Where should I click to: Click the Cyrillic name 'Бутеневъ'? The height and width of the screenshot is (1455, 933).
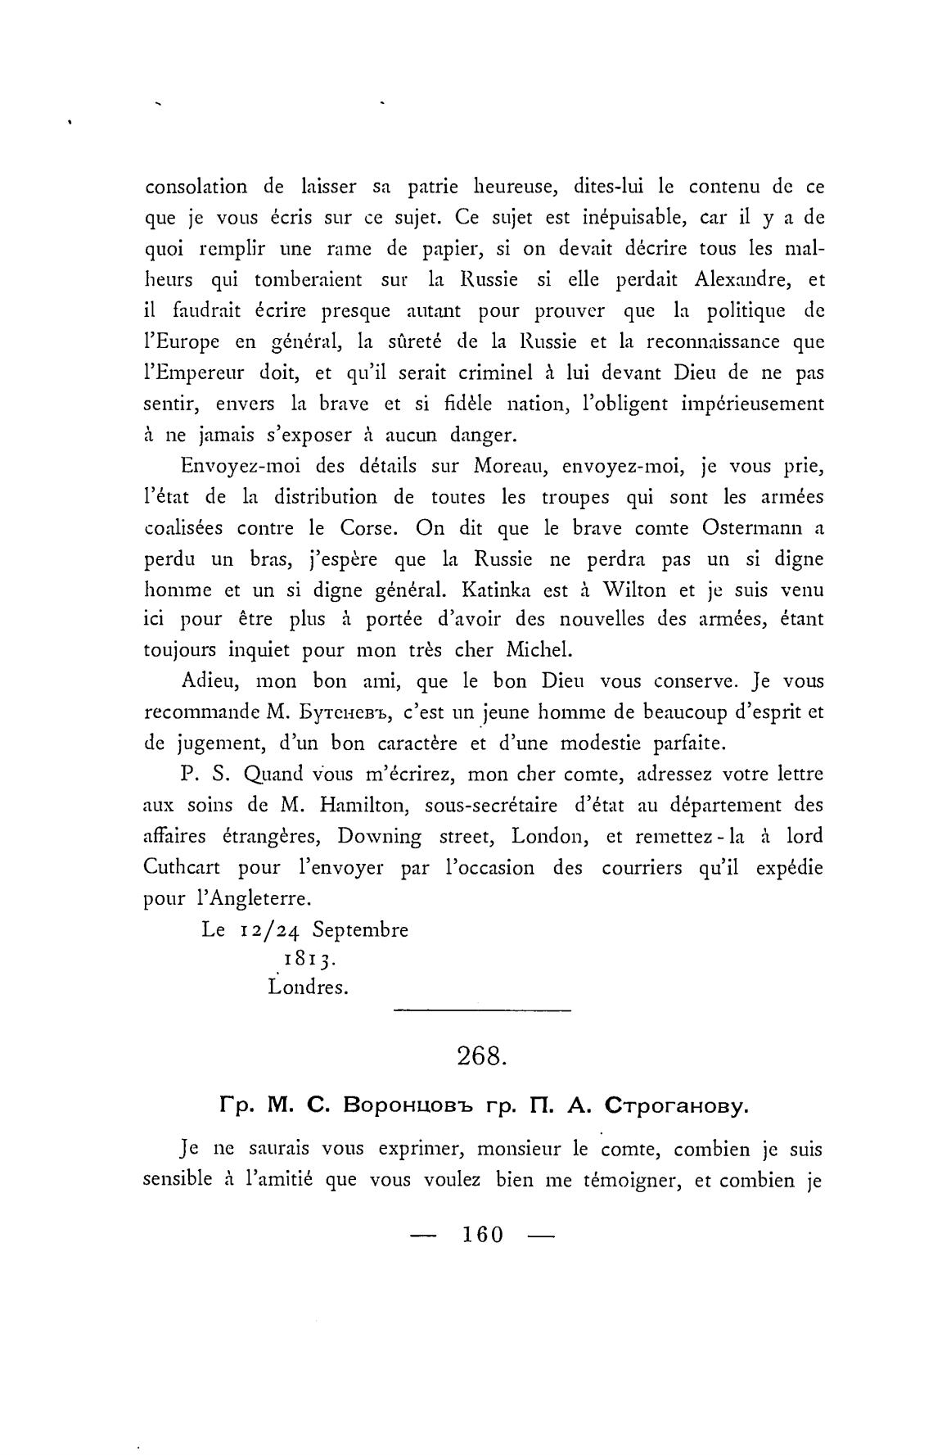click(x=338, y=713)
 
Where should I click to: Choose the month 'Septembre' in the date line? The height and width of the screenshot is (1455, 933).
click(x=361, y=930)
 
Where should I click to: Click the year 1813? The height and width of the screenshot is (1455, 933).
click(x=301, y=959)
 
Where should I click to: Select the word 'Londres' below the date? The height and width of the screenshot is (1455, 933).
click(x=308, y=987)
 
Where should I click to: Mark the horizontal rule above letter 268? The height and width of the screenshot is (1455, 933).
click(x=482, y=1011)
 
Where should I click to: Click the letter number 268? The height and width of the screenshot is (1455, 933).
click(x=482, y=1056)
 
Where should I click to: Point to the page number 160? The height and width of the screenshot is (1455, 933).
click(x=482, y=1235)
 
